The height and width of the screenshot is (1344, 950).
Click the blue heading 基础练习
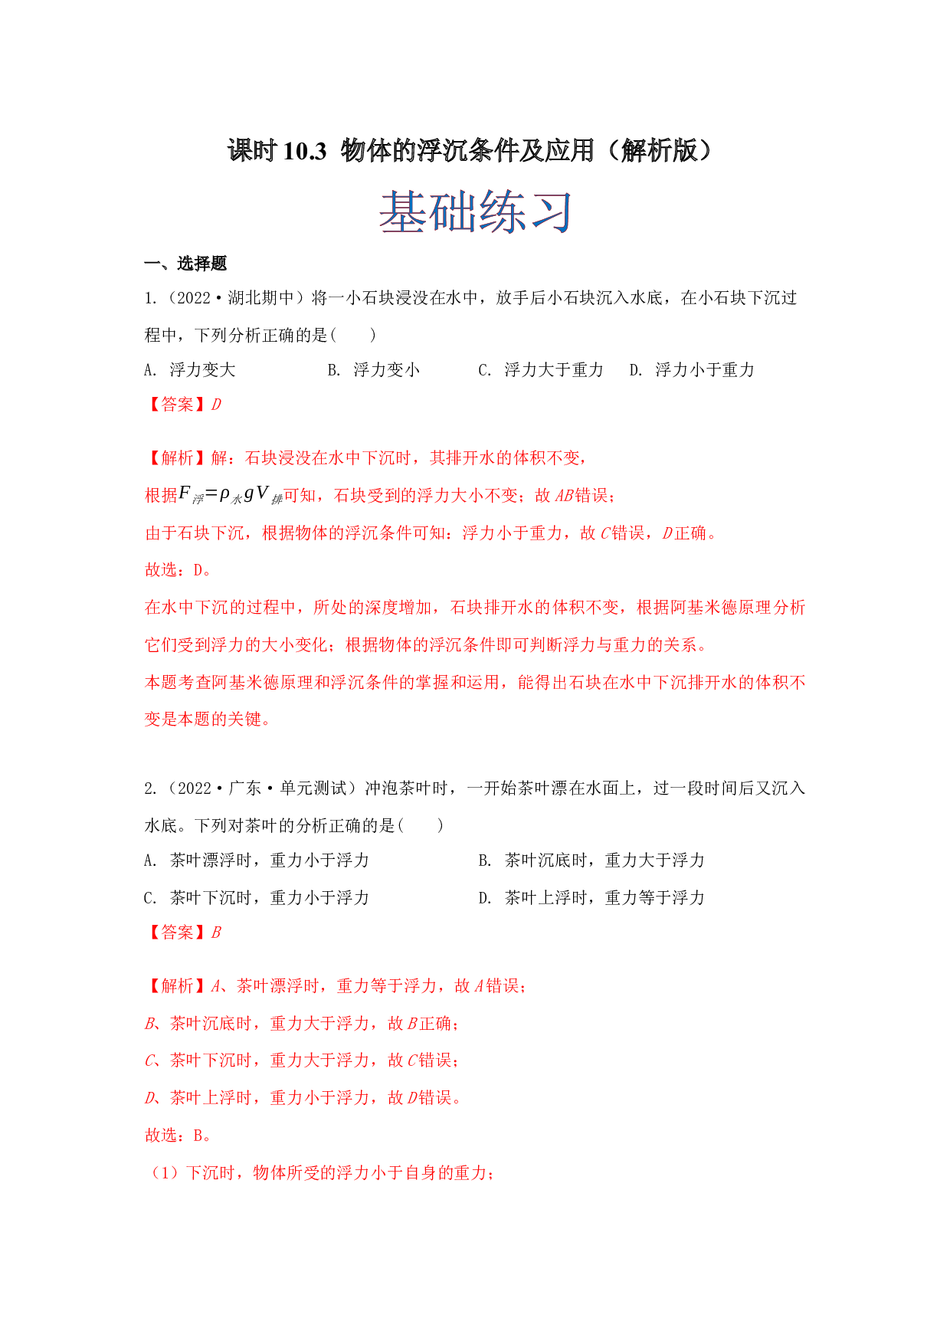coord(475,212)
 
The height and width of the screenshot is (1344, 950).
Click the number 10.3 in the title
coord(304,151)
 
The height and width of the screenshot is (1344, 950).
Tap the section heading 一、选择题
coord(185,264)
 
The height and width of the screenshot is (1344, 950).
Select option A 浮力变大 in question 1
coord(189,370)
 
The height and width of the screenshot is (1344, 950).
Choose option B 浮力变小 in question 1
coord(373,370)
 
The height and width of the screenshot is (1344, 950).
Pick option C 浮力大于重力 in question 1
coord(541,370)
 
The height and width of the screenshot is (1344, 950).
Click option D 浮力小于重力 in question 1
coord(692,370)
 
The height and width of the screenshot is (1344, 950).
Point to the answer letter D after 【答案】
coord(216,405)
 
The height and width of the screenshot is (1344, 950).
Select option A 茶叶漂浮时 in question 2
coord(257,860)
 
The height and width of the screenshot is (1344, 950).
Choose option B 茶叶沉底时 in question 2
coord(591,860)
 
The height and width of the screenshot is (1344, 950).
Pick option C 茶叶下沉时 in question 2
coord(257,898)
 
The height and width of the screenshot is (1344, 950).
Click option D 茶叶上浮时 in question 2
coord(591,898)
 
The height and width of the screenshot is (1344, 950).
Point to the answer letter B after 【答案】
coord(216,933)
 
